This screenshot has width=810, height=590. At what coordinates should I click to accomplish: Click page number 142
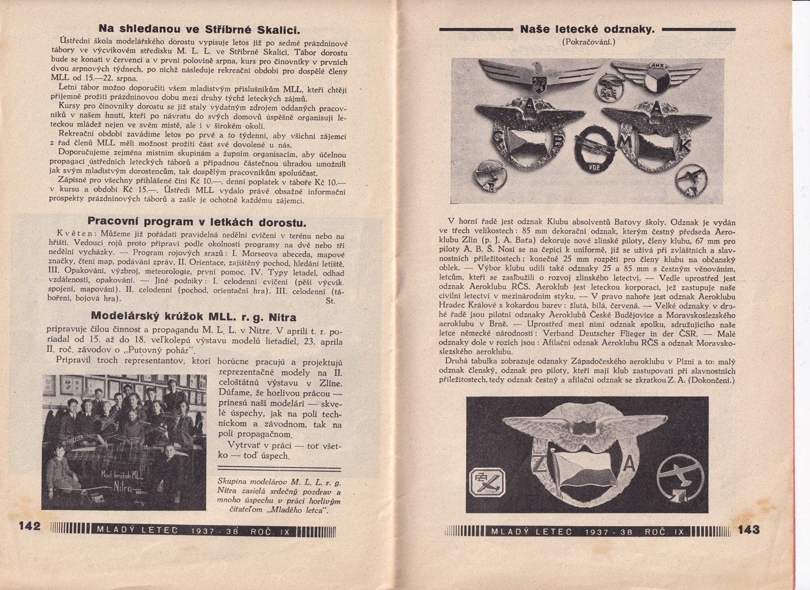tap(30, 526)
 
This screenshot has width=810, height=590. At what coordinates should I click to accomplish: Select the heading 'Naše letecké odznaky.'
tap(587, 30)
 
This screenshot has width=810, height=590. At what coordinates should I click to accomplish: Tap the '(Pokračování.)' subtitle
tap(588, 42)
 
